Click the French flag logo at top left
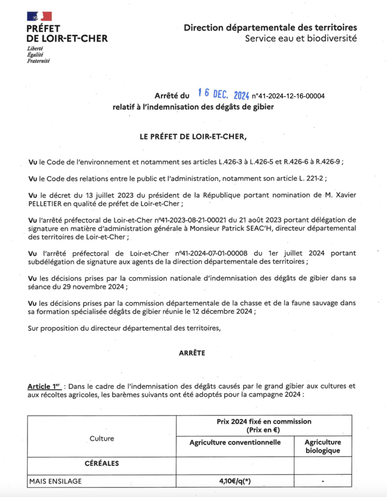[39, 16]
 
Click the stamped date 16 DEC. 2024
[223, 94]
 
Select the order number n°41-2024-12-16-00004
[288, 96]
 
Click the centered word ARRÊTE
[192, 353]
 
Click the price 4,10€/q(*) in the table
[235, 481]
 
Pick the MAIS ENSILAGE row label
[55, 481]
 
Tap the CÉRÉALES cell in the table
[102, 463]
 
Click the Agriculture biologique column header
[322, 446]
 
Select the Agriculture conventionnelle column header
[235, 442]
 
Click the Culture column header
[102, 438]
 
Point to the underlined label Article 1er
[44, 386]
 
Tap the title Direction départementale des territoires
[270, 27]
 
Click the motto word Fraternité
[38, 61]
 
